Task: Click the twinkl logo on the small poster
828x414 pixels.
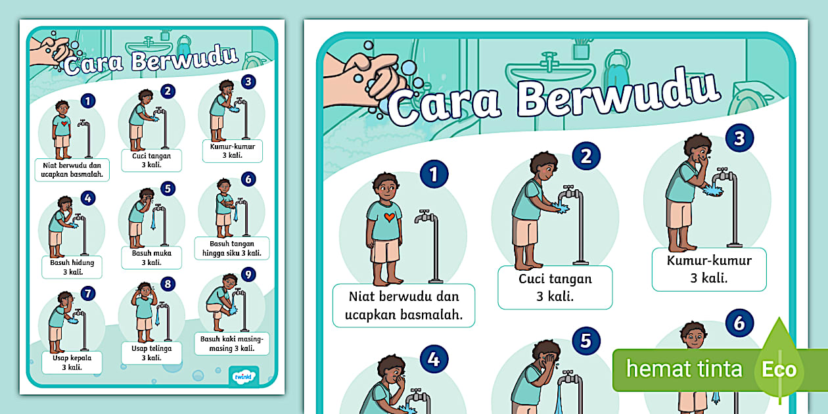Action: click(243, 377)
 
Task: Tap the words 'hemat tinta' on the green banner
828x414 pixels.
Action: click(684, 369)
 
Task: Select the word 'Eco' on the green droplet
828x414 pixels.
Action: click(779, 369)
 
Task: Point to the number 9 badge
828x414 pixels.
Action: click(248, 275)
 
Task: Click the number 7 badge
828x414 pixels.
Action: click(88, 294)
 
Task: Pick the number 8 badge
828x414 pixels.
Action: click(168, 284)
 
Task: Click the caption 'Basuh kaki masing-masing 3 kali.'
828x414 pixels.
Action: click(232, 344)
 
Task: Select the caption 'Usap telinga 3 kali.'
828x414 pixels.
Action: click(152, 353)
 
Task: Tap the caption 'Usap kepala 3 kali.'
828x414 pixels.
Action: click(72, 363)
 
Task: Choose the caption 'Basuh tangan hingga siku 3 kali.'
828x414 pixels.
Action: click(232, 248)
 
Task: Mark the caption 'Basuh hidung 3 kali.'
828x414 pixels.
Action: click(72, 267)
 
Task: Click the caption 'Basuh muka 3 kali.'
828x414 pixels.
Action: click(152, 258)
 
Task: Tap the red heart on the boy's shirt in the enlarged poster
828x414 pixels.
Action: click(389, 217)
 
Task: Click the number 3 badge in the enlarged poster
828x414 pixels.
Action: click(739, 138)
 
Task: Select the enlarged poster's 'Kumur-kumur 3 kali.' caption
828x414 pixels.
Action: click(709, 269)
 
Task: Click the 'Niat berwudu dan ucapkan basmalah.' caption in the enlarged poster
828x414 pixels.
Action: click(403, 306)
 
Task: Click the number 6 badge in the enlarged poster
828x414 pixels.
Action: click(739, 323)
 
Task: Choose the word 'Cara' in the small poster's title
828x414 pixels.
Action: click(93, 64)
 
